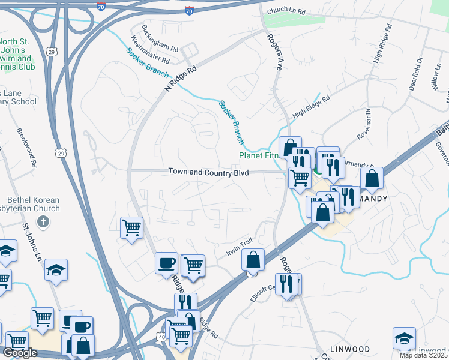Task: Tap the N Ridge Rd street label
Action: (181, 78)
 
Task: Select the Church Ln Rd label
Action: (286, 11)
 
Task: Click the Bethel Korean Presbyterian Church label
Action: (34, 204)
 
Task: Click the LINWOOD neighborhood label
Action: (348, 349)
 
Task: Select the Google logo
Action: (20, 353)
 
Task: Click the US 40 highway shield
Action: (170, 339)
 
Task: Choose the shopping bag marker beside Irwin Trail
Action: (253, 260)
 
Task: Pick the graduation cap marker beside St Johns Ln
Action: (56, 270)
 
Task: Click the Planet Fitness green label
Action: (258, 155)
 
